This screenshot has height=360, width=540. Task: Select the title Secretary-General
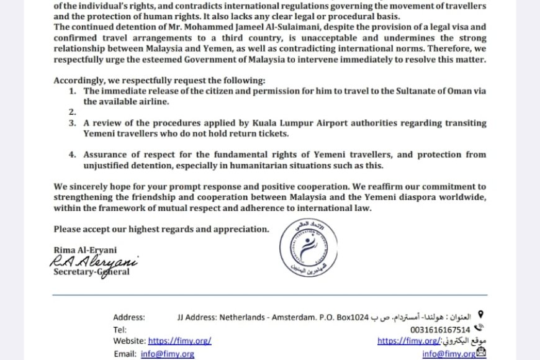(91, 272)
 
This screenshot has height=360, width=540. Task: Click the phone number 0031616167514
(441, 330)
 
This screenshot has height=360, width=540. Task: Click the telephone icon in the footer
(478, 329)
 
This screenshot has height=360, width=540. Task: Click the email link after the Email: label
(168, 354)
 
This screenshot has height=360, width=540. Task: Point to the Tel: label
(120, 330)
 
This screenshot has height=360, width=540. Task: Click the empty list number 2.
(72, 112)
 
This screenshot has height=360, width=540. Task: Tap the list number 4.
(72, 154)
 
